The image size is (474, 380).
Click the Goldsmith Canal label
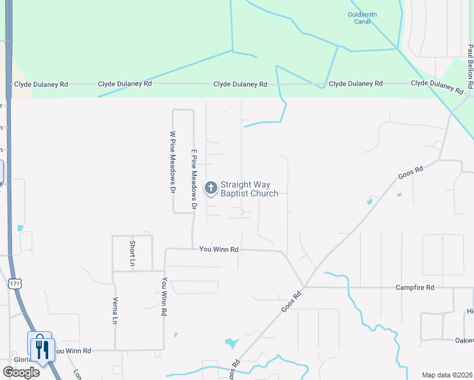(x=362, y=17)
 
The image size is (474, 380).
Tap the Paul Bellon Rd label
(x=470, y=66)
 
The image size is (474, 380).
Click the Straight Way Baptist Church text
(x=249, y=189)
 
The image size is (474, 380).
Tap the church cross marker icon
(x=210, y=188)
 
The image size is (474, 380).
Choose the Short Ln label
(x=132, y=253)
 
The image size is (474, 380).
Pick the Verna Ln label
(x=115, y=311)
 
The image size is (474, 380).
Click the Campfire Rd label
(x=415, y=288)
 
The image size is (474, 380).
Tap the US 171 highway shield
(x=14, y=284)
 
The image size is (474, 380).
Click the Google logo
(x=20, y=372)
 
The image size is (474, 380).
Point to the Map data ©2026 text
(x=446, y=375)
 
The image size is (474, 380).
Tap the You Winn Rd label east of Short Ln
(x=219, y=250)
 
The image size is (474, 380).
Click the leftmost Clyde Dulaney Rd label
(x=39, y=84)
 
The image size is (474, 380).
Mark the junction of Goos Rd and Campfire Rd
(x=305, y=286)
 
